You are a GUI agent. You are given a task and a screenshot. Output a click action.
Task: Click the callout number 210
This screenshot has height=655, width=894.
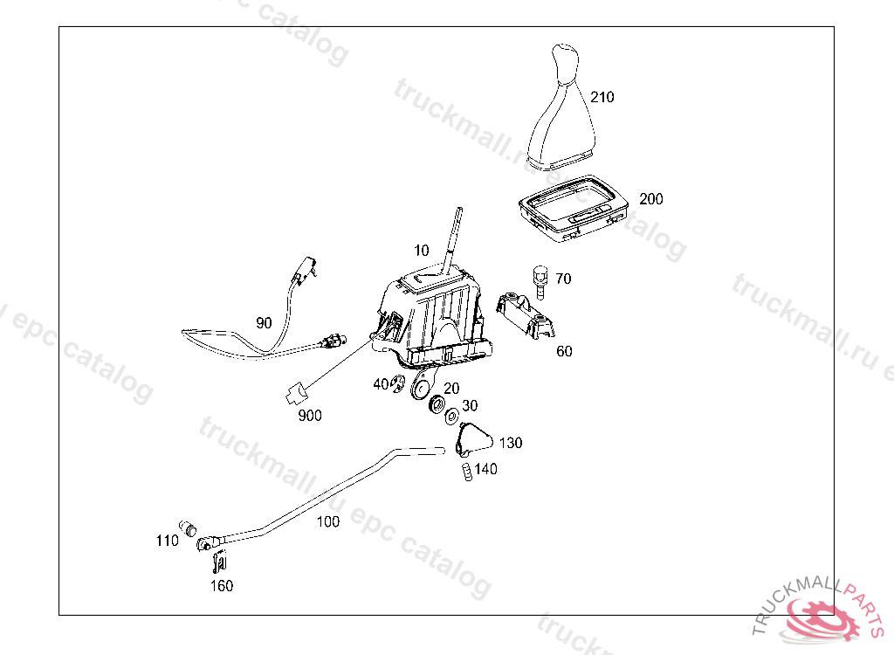pos(602,97)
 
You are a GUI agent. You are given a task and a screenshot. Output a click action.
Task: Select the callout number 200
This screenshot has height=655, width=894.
pos(650,199)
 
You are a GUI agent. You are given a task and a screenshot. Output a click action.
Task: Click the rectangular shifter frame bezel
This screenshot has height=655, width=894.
pos(572,207)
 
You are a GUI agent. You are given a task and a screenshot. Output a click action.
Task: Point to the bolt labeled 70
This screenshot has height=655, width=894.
pos(539,279)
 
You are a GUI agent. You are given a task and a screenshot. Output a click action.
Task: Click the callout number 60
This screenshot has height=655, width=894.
pos(564,351)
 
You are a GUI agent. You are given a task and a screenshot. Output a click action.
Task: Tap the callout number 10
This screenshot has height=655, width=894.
pos(422,251)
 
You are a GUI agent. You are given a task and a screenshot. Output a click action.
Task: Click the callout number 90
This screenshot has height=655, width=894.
pos(264,323)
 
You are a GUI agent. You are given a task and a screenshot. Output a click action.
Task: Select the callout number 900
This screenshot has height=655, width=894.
pos(309,416)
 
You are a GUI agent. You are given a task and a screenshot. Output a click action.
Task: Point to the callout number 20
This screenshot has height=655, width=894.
pos(451,388)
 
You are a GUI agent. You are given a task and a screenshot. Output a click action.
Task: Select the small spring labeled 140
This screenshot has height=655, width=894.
pos(466,472)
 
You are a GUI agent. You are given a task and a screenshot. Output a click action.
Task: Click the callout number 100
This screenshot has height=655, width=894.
pos(327,522)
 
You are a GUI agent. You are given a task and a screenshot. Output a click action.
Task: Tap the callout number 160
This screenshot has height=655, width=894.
pos(222,586)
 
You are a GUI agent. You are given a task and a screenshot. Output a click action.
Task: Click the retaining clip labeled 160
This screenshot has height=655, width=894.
pos(220,562)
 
